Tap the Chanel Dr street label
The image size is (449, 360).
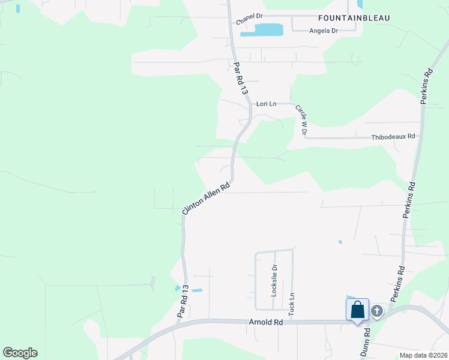tap(250, 20)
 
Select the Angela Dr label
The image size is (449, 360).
tap(324, 31)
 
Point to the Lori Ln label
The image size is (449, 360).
tap(266, 104)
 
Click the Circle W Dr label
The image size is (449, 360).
tap(301, 119)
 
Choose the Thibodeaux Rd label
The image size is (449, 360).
tap(393, 136)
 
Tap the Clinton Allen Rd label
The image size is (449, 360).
tap(206, 199)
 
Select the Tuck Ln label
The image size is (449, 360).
tap(292, 305)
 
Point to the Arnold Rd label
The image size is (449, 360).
tap(265, 322)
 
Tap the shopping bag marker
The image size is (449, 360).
tap(357, 310)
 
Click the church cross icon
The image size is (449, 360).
tap(376, 310)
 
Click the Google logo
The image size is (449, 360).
tap(20, 353)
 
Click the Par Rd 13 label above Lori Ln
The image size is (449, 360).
tap(240, 77)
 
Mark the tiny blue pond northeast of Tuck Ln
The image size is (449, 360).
tap(340, 242)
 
